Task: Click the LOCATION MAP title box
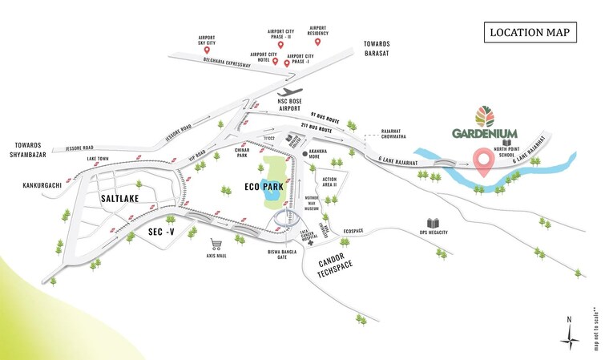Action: (531, 33)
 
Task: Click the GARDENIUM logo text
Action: (484, 133)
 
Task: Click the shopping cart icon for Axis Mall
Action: (214, 244)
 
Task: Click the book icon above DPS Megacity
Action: (434, 223)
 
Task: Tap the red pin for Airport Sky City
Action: (208, 50)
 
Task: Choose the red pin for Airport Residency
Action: (318, 42)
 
